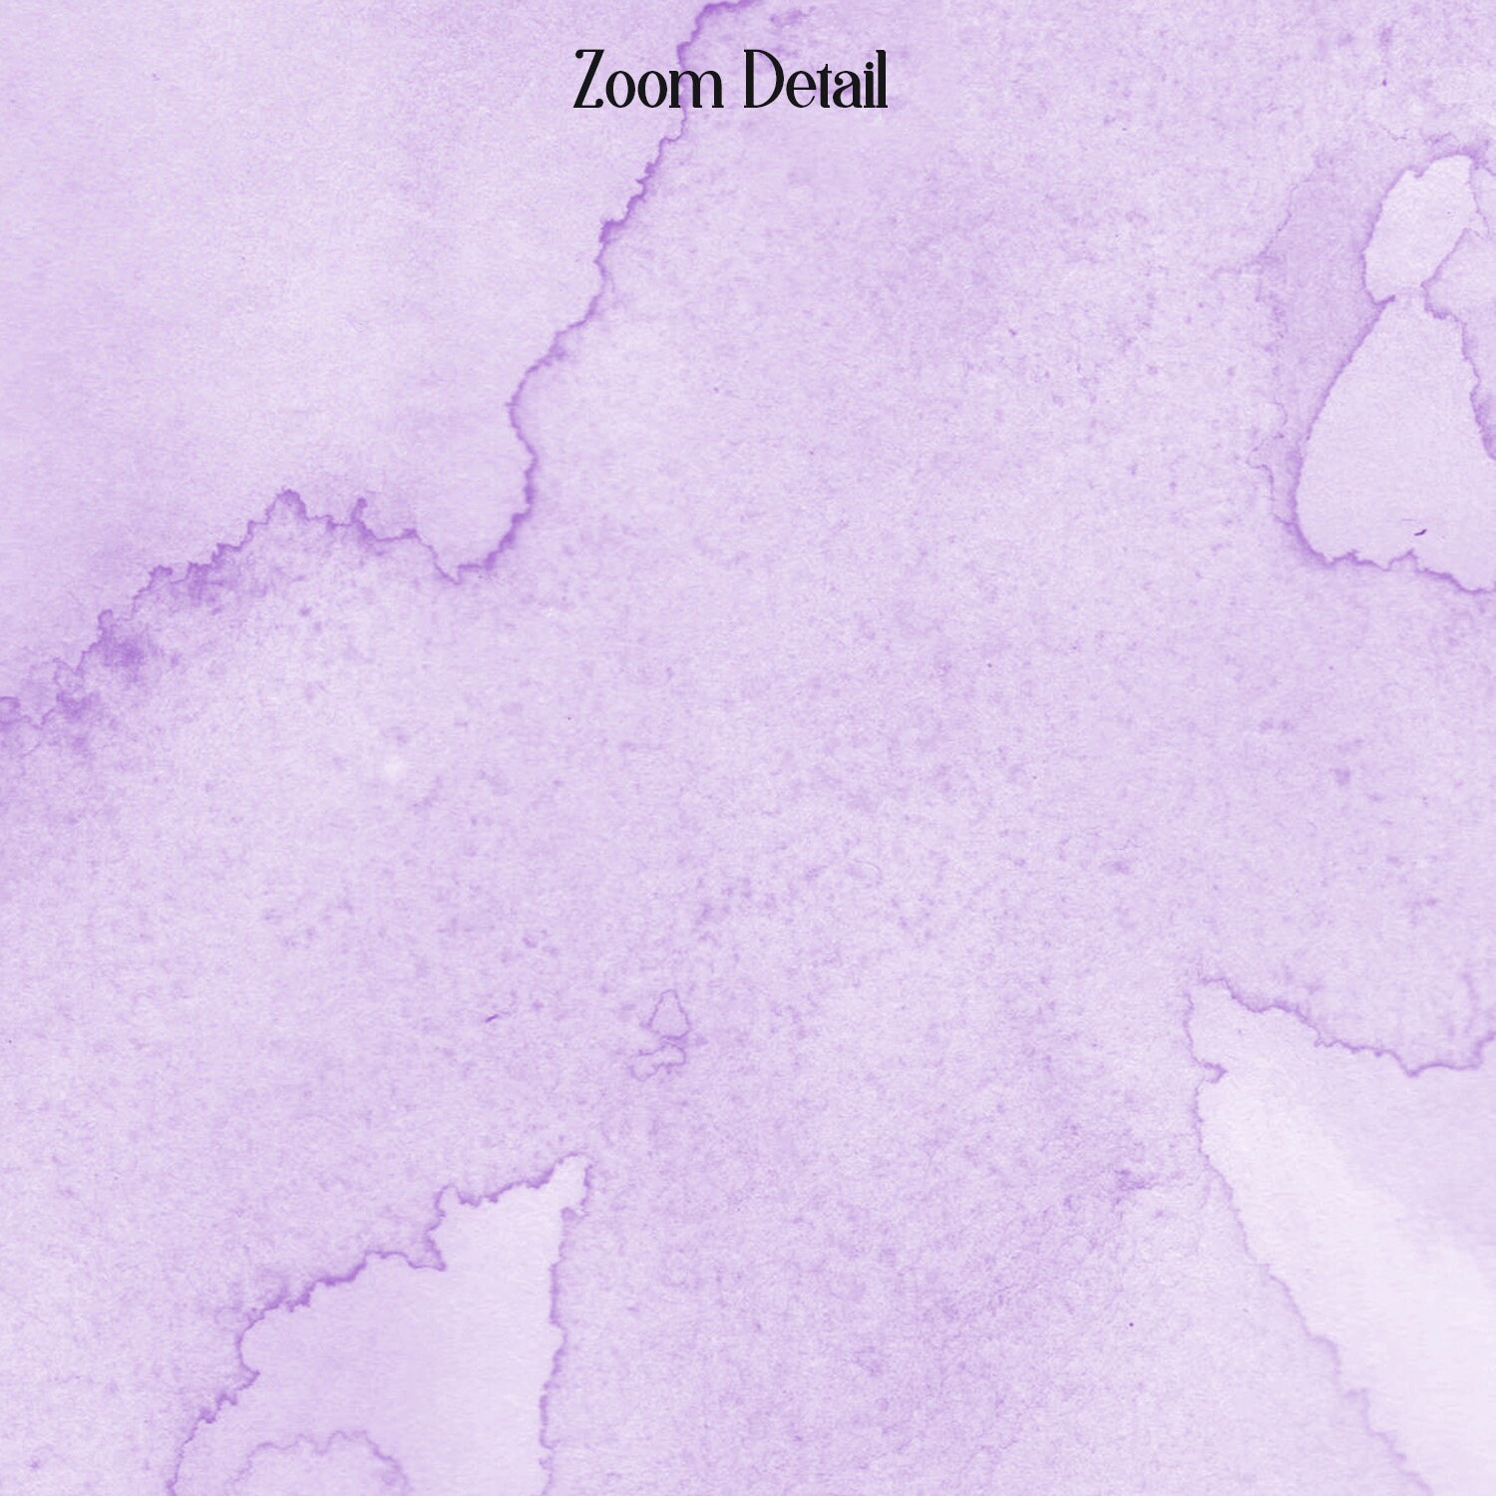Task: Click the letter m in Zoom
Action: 701,89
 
